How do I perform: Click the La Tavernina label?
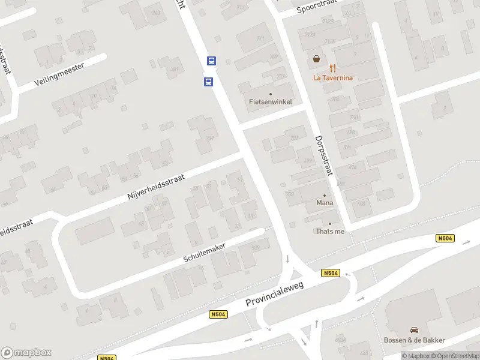point(333,77)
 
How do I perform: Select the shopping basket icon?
point(316,59)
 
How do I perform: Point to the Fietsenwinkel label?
point(271,102)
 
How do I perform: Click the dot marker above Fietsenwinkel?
point(271,94)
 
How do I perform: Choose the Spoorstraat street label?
point(318,8)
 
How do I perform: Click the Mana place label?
point(325,203)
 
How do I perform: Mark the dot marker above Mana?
point(325,196)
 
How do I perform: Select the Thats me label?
point(330,232)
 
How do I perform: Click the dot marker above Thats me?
point(329,224)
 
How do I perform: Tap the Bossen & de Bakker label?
point(415,340)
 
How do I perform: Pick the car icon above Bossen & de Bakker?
point(414,330)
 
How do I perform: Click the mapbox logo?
point(26,353)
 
